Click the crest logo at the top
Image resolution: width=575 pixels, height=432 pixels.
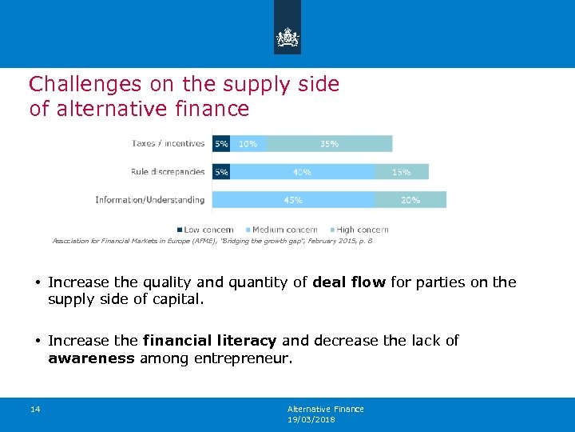[x=287, y=38]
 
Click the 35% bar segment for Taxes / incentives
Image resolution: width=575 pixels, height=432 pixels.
[x=328, y=144]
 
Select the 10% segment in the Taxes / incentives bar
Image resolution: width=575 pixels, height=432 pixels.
[x=248, y=144]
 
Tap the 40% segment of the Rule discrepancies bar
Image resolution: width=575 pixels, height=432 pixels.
[x=302, y=172]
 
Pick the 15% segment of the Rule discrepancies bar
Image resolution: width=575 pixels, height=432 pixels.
[x=401, y=172]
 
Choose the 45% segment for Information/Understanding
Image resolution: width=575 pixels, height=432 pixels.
[x=293, y=200]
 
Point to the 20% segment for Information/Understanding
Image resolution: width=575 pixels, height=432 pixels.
[x=410, y=200]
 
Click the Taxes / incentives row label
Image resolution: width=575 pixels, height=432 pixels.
[x=168, y=144]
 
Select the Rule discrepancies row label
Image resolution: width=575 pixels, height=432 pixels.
[x=168, y=172]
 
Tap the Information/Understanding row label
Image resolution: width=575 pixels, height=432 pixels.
[x=149, y=200]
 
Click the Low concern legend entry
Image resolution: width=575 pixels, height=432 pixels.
[x=204, y=230]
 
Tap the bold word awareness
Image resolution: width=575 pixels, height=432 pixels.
[x=91, y=359]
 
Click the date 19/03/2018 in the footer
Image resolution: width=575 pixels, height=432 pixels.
[x=311, y=419]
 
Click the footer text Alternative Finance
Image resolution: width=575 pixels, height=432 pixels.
[x=325, y=409]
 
